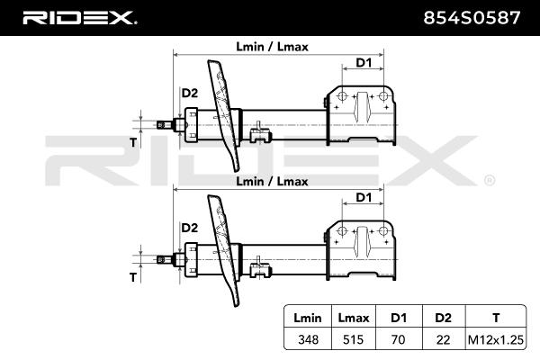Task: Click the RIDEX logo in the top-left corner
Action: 79,18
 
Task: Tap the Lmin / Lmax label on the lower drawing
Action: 272,181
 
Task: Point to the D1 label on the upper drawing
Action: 364,62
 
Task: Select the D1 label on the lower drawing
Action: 364,197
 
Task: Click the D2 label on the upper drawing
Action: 190,94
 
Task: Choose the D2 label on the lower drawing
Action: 190,229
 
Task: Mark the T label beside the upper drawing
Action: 132,142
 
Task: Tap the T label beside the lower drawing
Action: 132,277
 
